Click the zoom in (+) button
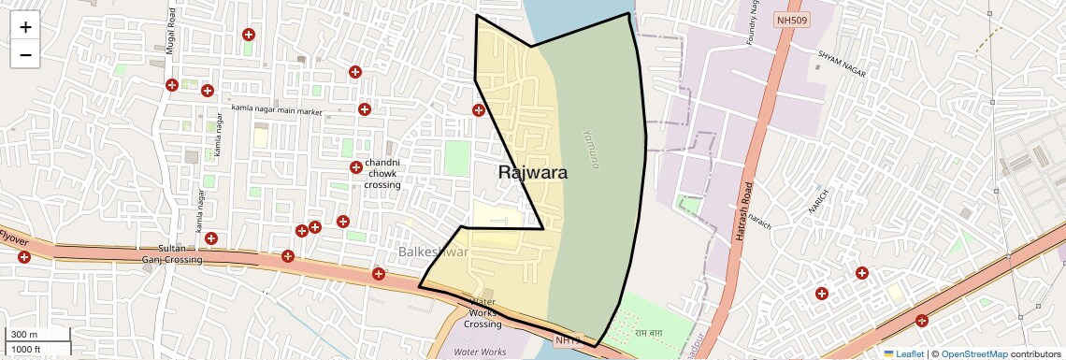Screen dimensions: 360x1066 pos(25,27)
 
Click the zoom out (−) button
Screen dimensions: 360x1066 pos(25,54)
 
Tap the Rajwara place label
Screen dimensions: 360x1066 pos(533,172)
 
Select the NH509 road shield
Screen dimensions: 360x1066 pos(791,19)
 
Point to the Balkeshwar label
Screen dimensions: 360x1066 pos(433,252)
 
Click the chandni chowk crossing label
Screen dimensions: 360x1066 pos(383,173)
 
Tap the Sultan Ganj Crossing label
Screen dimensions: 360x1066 pos(172,253)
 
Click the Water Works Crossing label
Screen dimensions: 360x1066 pos(483,313)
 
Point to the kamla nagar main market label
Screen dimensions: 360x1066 pos(277,111)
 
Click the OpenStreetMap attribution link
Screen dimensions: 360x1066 pos(974,353)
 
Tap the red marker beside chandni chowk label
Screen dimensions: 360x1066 pos(356,167)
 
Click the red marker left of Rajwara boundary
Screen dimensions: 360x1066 pos(479,110)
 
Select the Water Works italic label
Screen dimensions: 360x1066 pos(480,352)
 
